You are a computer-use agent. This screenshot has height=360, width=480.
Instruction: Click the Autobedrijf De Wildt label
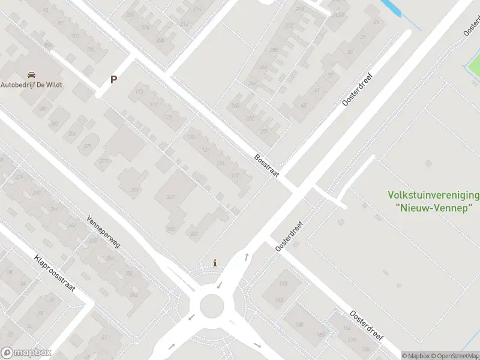coord(31,85)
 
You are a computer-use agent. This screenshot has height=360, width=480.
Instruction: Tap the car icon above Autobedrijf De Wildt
coord(31,75)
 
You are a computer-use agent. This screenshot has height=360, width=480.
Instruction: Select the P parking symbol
coord(113,79)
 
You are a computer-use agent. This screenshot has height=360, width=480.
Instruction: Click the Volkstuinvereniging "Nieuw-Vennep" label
coord(434,201)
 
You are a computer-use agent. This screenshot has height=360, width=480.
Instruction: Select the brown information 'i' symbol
coord(215,263)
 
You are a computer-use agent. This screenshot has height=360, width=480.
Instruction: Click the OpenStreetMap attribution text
coord(457,356)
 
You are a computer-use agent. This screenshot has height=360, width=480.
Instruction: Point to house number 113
coord(139,92)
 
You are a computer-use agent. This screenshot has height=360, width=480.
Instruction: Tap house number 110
coord(283,284)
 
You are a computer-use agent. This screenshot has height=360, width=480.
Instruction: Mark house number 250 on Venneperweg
coord(128,274)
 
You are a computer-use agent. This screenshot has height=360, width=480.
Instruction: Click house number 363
coord(194,233)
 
